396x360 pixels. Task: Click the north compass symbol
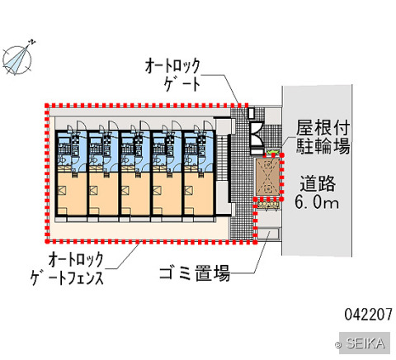(x=17, y=59)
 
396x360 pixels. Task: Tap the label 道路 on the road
(x=318, y=183)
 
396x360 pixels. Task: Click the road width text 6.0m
(x=317, y=202)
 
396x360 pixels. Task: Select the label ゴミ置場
(x=195, y=273)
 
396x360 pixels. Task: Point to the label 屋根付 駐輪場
(x=323, y=137)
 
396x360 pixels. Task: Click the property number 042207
(x=369, y=314)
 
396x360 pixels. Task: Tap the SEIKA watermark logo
(x=365, y=343)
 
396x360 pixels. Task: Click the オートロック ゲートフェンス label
(x=67, y=269)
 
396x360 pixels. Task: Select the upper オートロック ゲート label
(x=172, y=74)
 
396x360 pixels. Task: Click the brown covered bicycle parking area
(x=268, y=177)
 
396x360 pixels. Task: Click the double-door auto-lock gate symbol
(x=257, y=135)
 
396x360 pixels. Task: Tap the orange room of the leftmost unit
(x=72, y=194)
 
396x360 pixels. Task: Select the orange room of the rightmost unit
(x=199, y=194)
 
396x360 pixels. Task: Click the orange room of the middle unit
(x=135, y=194)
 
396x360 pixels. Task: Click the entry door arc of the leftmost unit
(x=82, y=126)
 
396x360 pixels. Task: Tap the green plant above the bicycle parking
(x=272, y=152)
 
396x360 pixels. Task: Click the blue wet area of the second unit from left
(x=104, y=151)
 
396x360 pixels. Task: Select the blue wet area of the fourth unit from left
(x=167, y=151)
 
